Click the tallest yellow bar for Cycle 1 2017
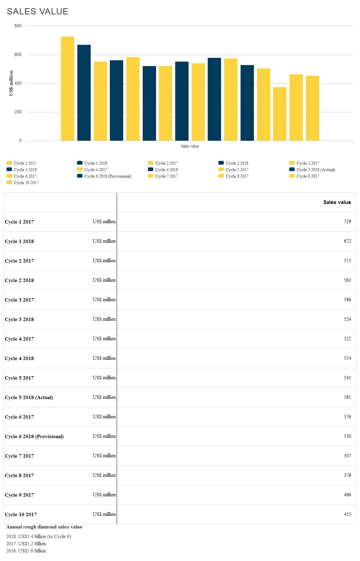pos(67,89)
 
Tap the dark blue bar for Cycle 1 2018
pos(84,93)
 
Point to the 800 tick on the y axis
pos(18,26)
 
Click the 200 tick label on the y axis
pos(18,112)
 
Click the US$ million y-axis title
pos(11,83)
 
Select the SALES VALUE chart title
pos(38,12)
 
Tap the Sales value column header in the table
pos(337,202)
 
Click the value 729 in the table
pos(347,222)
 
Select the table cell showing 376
pos(347,475)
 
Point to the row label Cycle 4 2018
pos(20,358)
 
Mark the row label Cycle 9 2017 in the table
pos(20,495)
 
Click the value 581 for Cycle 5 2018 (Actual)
pos(347,397)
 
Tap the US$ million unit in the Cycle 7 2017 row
pos(104,456)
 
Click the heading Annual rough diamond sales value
pos(44,527)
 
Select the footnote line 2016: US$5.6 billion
pos(26,551)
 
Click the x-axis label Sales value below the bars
pos(190,146)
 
